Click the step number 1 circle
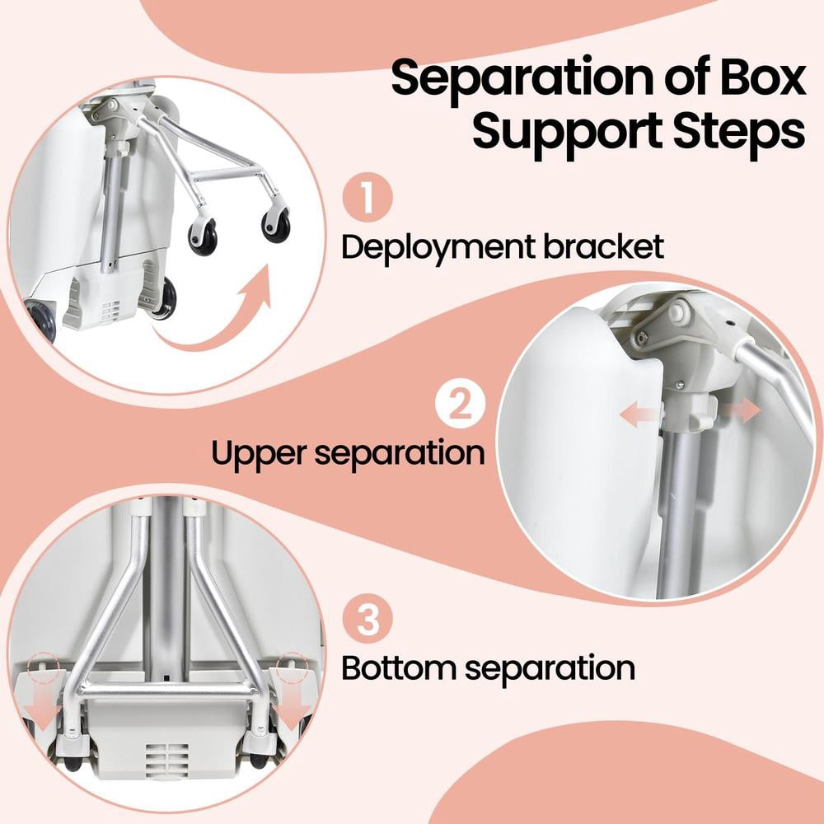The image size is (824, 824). point(368,197)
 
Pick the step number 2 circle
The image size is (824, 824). point(461,404)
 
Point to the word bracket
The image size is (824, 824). point(604,246)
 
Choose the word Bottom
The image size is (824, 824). point(400,668)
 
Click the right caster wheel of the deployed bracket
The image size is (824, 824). point(275,227)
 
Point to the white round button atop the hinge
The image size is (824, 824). point(677,312)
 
